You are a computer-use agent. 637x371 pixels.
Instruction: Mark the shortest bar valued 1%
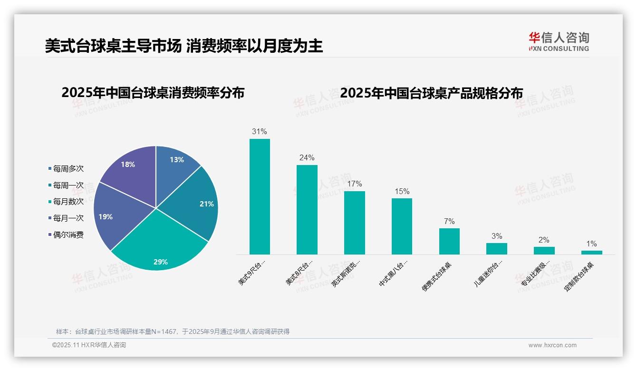pos(591,253)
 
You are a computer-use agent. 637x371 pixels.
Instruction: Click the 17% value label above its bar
pos(354,184)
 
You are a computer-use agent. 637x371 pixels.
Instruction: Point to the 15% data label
pos(402,191)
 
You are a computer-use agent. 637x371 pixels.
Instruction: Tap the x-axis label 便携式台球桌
pos(436,276)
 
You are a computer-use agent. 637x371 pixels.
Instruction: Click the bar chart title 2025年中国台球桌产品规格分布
pos(432,93)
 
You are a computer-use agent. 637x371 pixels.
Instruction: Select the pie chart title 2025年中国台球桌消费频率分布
pos(153,93)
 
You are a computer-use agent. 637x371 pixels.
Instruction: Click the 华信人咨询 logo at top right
pos(559,41)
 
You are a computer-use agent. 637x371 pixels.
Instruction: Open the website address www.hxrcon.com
pos(552,345)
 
